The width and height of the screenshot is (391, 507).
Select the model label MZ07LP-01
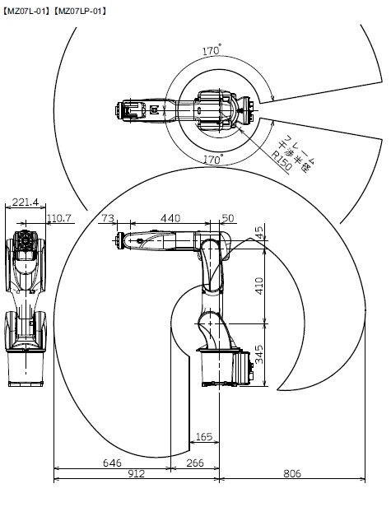point(80,12)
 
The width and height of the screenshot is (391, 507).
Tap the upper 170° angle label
point(212,50)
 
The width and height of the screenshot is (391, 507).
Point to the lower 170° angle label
point(213,160)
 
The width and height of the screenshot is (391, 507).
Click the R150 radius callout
point(282,160)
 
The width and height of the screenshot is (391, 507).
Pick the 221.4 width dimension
point(26,202)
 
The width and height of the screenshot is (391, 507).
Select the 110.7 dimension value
point(59,218)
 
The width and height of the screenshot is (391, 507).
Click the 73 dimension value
point(108,218)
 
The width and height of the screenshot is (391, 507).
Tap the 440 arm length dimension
point(170,218)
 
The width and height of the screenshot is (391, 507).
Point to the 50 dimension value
point(228,218)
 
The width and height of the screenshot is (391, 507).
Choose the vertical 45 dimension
point(259,232)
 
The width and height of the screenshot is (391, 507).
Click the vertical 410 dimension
point(259,286)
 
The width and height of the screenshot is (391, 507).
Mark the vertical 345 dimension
point(259,355)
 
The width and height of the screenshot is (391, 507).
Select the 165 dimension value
point(204,437)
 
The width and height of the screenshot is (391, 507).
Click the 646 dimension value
point(112,463)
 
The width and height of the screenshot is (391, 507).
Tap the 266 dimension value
point(195,463)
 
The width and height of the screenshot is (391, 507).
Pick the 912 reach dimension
point(137,474)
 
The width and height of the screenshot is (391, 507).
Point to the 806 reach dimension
point(292,474)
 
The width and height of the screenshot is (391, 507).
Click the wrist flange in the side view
point(119,240)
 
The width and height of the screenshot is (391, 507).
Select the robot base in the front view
point(26,369)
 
